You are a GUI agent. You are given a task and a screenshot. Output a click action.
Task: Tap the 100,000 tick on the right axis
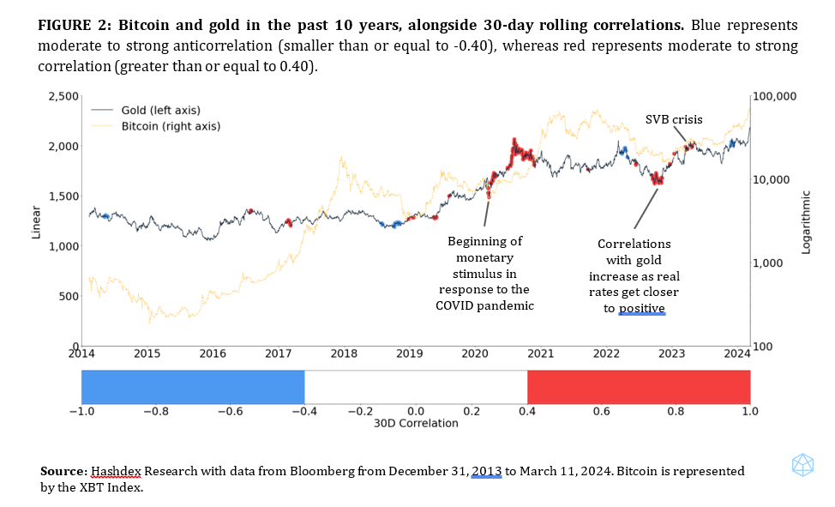tap(775, 96)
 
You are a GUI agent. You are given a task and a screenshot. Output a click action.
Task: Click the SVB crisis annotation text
tap(674, 119)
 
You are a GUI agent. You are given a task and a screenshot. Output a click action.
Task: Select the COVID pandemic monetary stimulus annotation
tap(484, 273)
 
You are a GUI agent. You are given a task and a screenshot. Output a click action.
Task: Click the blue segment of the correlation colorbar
tap(193, 387)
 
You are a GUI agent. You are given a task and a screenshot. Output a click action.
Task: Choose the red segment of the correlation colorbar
tap(639, 387)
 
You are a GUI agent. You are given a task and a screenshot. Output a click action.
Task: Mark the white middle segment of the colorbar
tap(416, 387)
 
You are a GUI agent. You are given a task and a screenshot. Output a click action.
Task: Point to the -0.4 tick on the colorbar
tap(303, 412)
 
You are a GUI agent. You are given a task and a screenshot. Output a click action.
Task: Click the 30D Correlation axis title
tap(416, 424)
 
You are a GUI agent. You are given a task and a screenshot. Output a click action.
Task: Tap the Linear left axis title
tap(36, 221)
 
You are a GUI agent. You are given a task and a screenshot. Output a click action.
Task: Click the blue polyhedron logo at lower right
tap(802, 466)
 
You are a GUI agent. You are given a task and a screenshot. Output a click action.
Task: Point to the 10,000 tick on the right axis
tap(772, 179)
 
